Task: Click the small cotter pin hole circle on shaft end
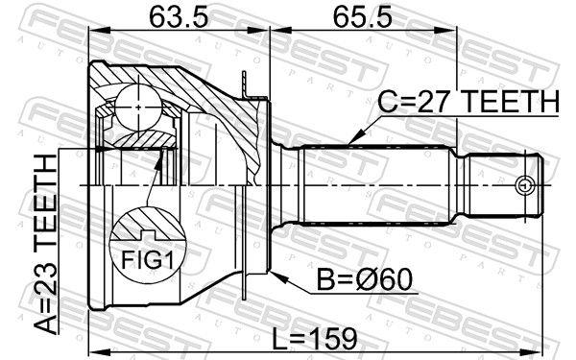coord(523,183)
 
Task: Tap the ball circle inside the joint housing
coord(140,102)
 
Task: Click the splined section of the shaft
coord(379,183)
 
